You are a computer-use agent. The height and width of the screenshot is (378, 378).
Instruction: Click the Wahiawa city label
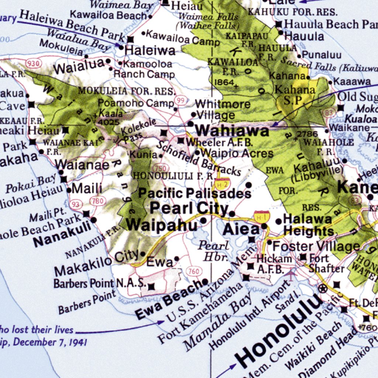coord(232,131)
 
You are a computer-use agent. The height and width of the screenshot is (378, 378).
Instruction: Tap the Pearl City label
coord(189,209)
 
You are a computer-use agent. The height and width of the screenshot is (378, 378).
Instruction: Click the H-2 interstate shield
coord(222,183)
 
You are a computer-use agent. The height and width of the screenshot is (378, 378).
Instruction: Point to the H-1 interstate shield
coord(262,215)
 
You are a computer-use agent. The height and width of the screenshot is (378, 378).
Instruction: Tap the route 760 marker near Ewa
coord(193,272)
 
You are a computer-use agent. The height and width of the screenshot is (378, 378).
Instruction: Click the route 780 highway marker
coord(99,201)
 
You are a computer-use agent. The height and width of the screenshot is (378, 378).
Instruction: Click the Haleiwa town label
coord(150,50)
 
